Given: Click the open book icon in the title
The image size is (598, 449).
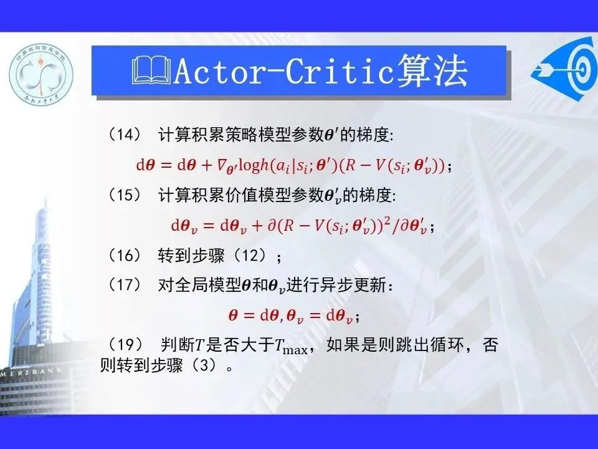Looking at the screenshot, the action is tap(151, 70).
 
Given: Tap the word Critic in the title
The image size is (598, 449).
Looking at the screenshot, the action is tap(339, 71).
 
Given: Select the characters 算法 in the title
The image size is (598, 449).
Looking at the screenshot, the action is tap(432, 70).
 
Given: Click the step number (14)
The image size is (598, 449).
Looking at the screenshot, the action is tap(125, 135).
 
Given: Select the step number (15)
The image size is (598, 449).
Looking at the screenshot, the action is tap(125, 195).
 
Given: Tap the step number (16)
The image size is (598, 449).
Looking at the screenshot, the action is tap(125, 255).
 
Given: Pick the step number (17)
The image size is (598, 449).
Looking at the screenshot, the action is tap(125, 285).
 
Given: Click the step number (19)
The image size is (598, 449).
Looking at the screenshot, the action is tap(125, 345).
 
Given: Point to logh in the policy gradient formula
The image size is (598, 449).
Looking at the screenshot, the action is tap(254, 165).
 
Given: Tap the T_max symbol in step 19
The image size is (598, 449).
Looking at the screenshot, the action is tap(291, 347).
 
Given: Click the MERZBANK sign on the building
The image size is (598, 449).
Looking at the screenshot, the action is tap(32, 372).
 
